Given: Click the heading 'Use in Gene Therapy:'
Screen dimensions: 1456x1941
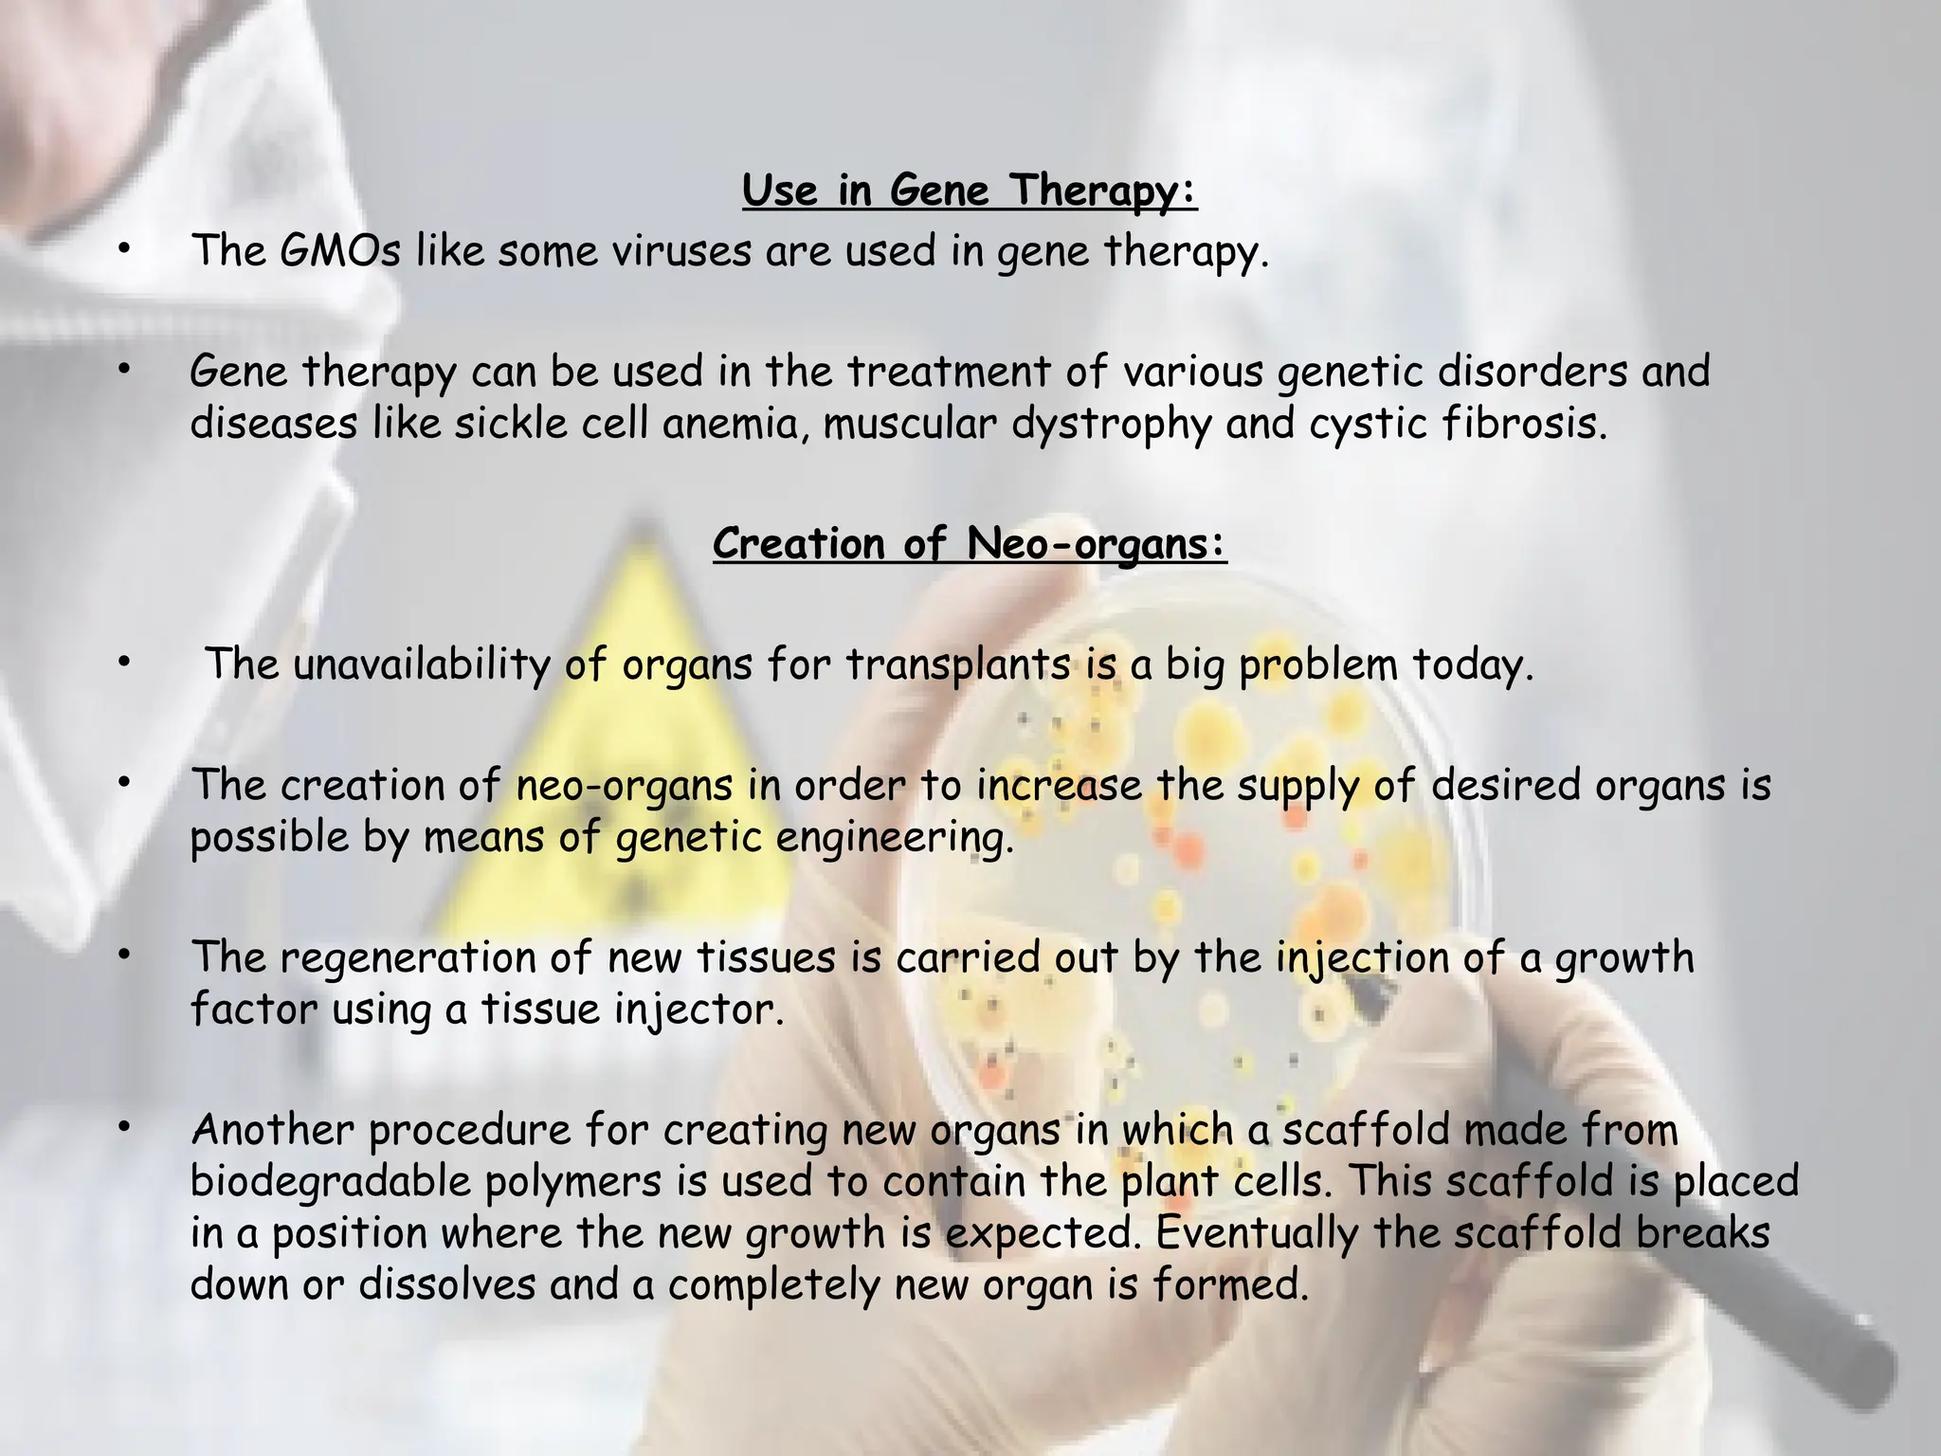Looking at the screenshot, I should pyautogui.click(x=970, y=191).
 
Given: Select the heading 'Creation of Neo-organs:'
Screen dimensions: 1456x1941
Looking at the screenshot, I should pyautogui.click(x=970, y=544).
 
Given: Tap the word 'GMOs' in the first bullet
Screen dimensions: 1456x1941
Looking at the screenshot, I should pyautogui.click(x=340, y=251).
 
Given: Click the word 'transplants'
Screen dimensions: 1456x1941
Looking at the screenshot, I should pyautogui.click(x=958, y=664).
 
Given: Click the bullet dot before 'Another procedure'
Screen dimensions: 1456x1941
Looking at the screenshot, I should pyautogui.click(x=123, y=1128).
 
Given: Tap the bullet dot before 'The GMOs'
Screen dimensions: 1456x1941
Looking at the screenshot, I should pyautogui.click(x=123, y=249).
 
